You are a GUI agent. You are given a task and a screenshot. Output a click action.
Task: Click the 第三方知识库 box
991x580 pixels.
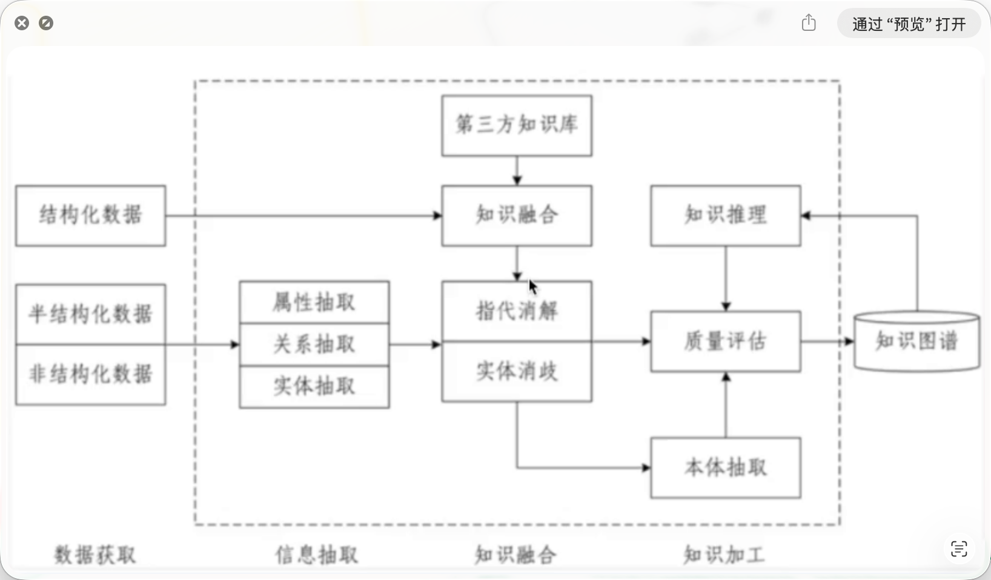(x=517, y=125)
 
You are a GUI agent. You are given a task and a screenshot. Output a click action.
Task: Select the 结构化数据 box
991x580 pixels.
(x=90, y=216)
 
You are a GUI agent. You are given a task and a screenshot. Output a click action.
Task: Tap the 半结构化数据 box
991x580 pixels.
(x=90, y=314)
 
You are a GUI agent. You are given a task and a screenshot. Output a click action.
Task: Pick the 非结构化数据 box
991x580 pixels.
(x=90, y=374)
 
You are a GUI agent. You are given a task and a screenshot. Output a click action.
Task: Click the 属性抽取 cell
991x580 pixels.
(x=314, y=302)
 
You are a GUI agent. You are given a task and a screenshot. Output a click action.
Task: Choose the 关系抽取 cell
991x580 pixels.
(x=314, y=344)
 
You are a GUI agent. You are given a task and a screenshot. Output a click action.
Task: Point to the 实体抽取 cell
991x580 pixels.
(x=314, y=386)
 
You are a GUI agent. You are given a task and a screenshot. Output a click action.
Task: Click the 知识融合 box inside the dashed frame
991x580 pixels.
(x=517, y=216)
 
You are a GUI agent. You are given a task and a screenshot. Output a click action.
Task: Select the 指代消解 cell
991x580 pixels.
(x=517, y=311)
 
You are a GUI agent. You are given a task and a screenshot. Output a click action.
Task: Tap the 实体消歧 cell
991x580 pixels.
(x=517, y=371)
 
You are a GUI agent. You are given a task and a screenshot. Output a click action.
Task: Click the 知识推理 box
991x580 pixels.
(x=725, y=216)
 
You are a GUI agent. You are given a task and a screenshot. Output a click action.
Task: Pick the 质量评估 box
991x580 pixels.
(x=725, y=341)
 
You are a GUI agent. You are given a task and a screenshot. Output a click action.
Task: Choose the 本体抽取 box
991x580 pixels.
(x=725, y=467)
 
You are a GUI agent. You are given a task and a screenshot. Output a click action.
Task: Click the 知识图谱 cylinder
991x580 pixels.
(x=916, y=341)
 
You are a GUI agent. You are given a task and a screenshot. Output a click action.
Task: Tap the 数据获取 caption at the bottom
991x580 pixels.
(x=95, y=555)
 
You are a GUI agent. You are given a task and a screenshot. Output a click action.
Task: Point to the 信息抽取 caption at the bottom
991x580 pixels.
(x=317, y=555)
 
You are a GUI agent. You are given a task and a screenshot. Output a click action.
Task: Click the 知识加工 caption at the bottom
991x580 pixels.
(x=724, y=555)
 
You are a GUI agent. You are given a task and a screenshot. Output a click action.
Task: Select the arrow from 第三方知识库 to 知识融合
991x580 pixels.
(x=517, y=171)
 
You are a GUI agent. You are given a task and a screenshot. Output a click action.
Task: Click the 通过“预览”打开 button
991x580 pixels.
(x=909, y=24)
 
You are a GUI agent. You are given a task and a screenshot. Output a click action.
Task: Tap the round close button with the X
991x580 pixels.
(x=22, y=24)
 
